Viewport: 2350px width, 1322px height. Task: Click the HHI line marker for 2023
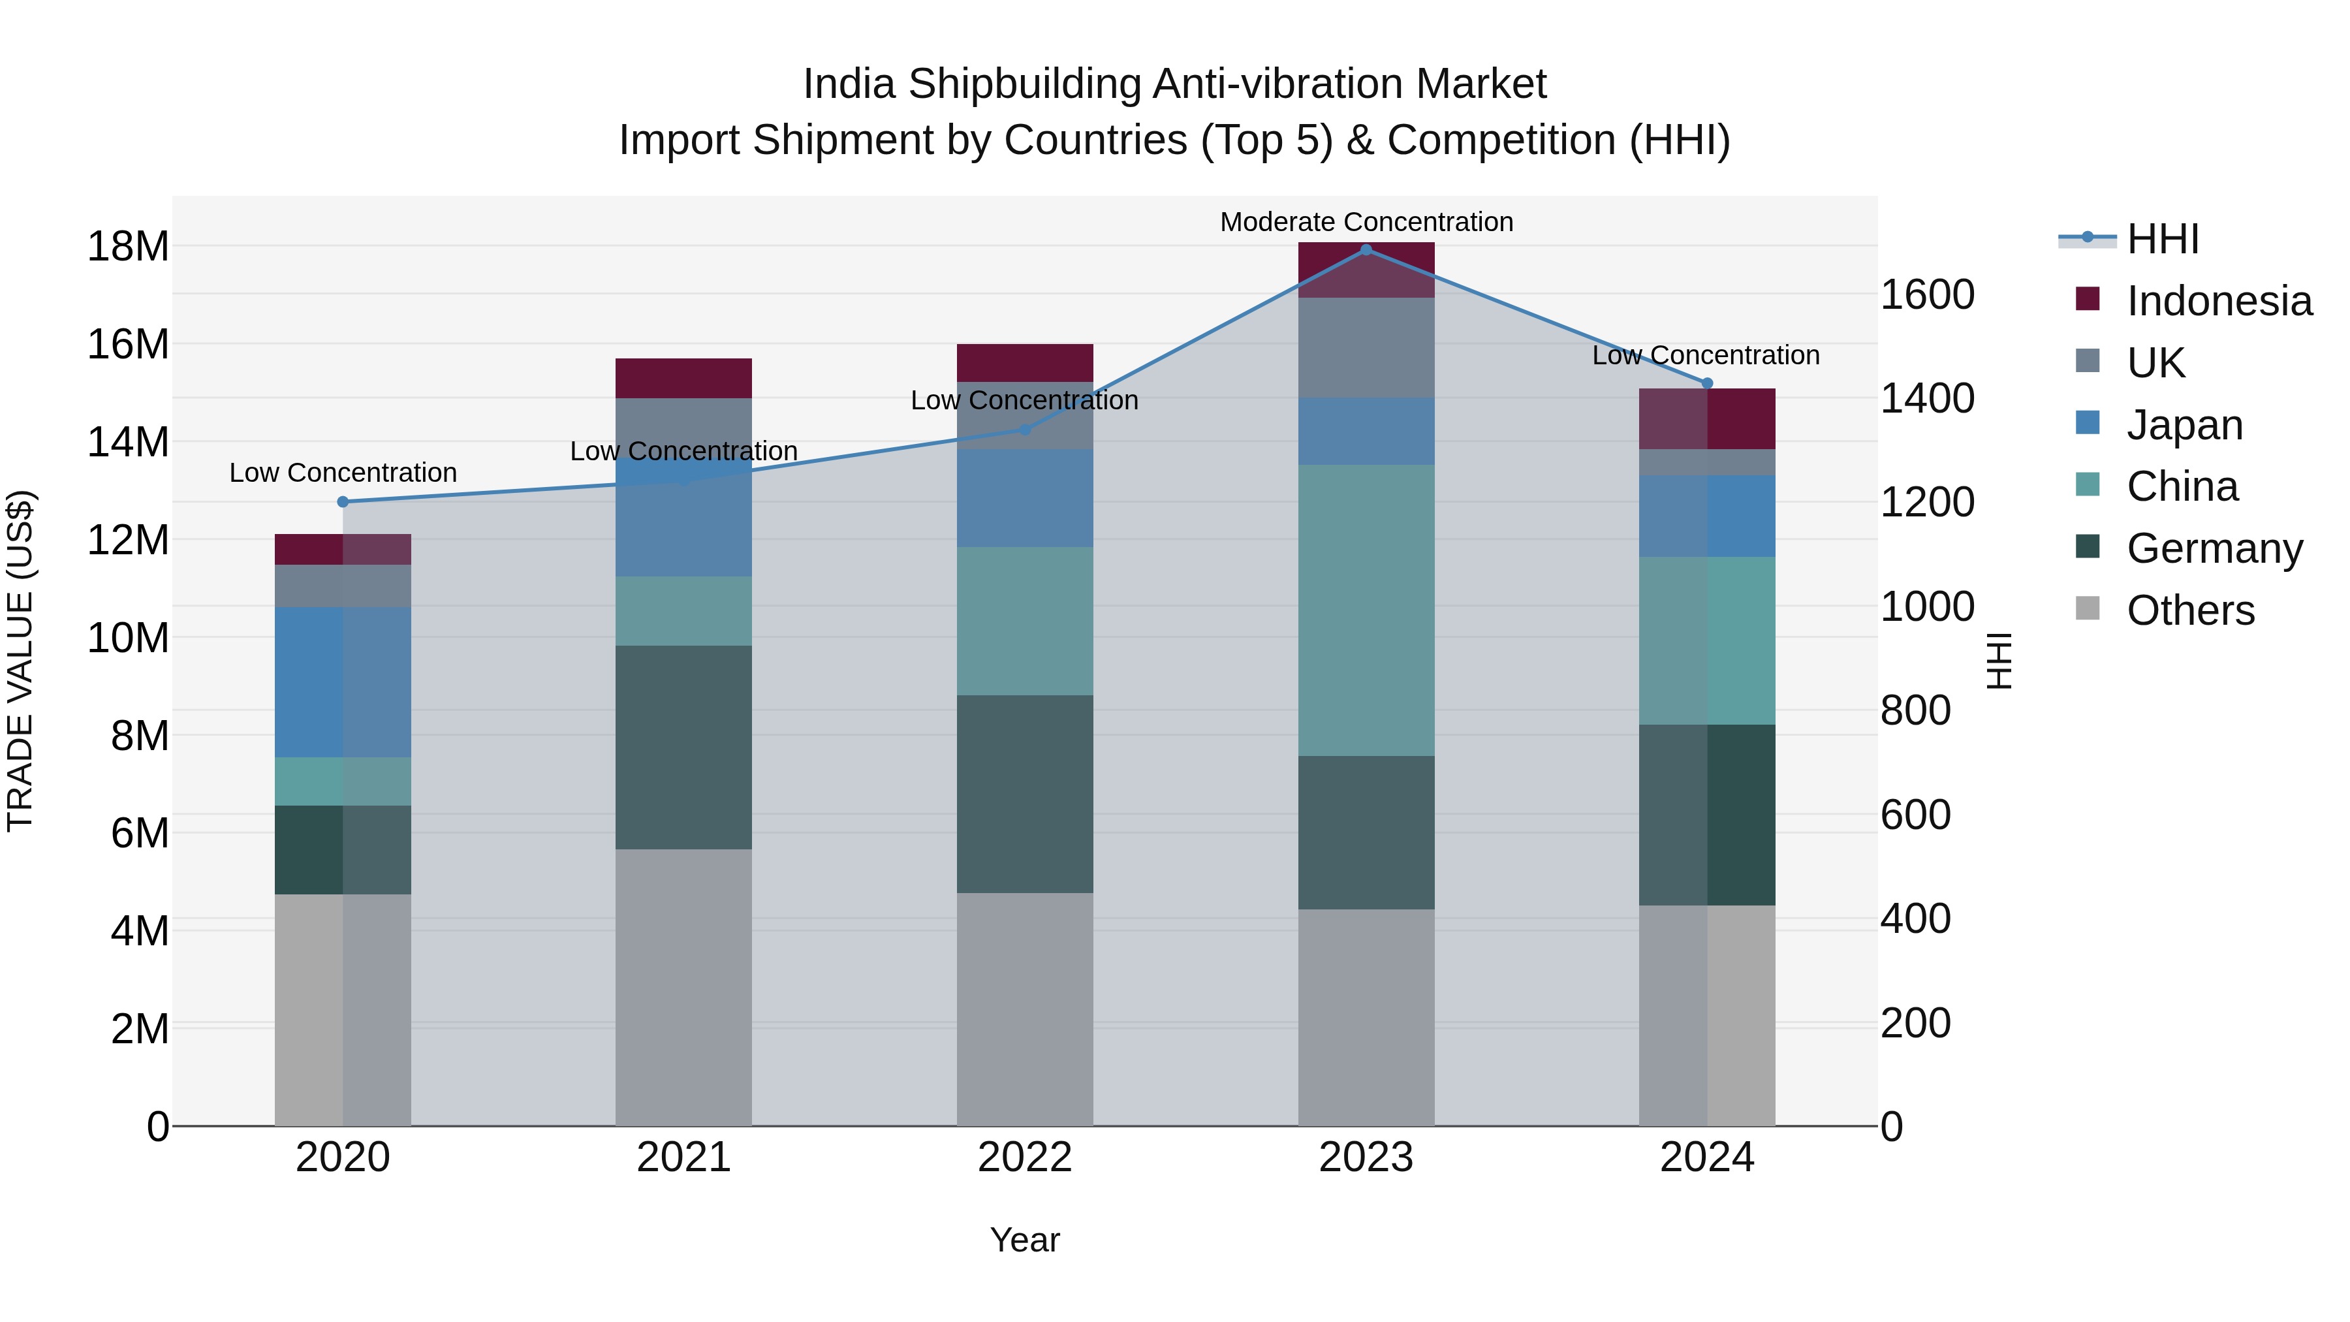pos(1366,250)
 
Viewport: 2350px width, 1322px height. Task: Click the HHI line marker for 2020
pos(343,502)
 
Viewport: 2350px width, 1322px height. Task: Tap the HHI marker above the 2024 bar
pos(1707,383)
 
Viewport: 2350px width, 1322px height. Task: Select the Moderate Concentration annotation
pos(1366,223)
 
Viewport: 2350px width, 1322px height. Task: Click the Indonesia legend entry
pos(2219,301)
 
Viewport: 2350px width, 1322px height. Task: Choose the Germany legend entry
pos(2214,548)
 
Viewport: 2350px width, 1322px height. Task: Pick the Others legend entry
pos(2189,610)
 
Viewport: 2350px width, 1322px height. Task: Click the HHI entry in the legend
pos(2162,239)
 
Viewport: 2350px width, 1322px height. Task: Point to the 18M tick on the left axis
pos(128,246)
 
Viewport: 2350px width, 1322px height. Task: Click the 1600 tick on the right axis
pos(1927,294)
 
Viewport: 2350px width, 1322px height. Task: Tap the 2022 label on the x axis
pos(1024,1157)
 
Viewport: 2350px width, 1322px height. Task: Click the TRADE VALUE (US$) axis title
pos(20,661)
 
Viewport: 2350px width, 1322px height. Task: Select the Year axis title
pos(1024,1240)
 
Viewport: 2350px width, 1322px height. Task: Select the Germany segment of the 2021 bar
pos(683,748)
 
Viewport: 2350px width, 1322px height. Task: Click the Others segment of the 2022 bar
pos(1024,1008)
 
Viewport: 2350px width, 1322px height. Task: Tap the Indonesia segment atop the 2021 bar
pos(683,378)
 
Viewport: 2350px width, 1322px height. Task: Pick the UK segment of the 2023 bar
pos(1366,347)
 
